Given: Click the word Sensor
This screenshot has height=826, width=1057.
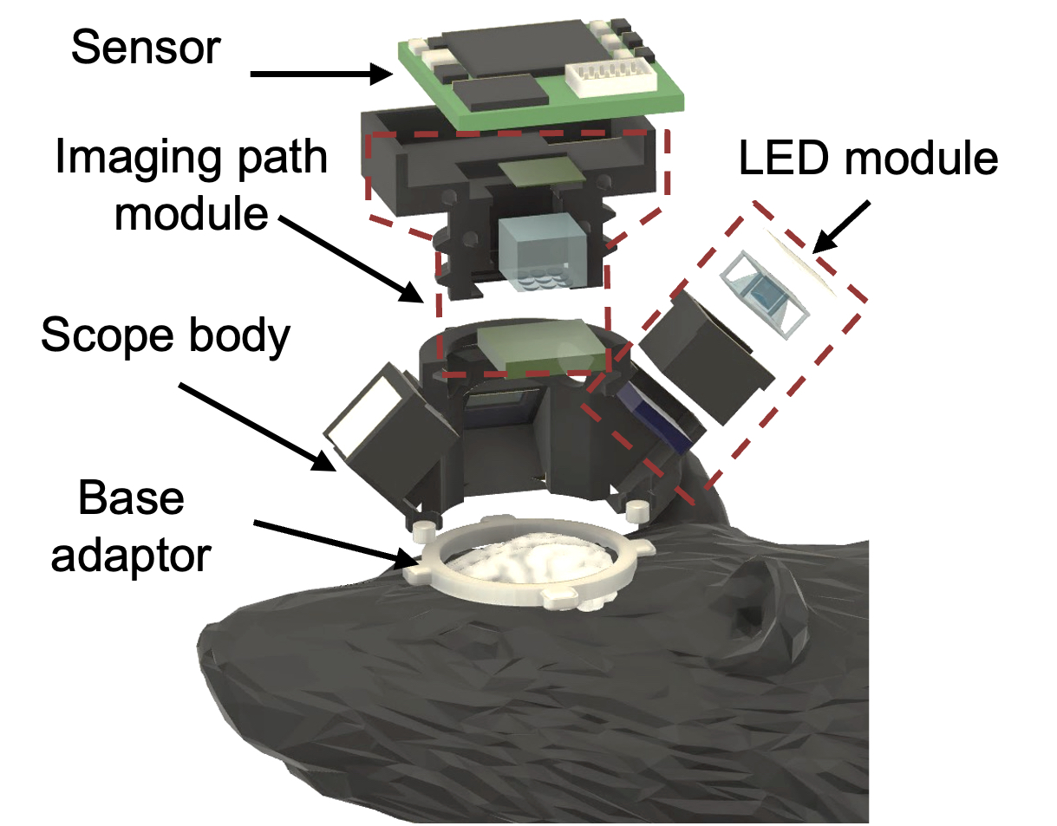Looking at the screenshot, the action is (146, 47).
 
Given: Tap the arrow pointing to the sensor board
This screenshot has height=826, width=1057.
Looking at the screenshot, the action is (321, 74).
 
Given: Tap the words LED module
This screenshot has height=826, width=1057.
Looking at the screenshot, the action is (868, 158).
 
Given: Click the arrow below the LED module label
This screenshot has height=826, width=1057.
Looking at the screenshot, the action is (840, 228).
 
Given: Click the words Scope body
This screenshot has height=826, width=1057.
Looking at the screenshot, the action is (166, 335).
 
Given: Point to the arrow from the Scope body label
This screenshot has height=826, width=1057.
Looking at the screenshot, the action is (257, 426).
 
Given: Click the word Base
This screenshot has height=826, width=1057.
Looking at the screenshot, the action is (131, 498).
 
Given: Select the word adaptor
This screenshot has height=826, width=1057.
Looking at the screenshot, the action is (131, 556).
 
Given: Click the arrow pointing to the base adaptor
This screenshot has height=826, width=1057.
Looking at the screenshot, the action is (336, 543).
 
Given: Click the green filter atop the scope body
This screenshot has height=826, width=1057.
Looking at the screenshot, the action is (541, 348).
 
